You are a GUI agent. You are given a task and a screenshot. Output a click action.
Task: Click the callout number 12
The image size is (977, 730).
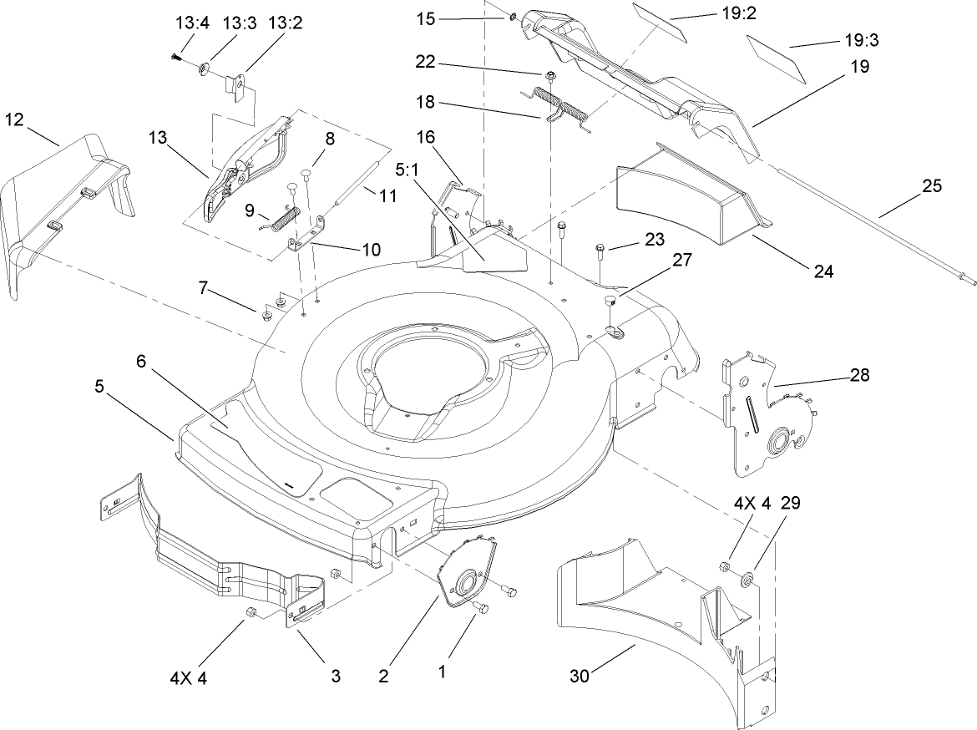pyautogui.click(x=14, y=119)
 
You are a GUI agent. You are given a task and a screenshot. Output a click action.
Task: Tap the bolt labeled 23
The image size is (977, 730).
pyautogui.click(x=600, y=250)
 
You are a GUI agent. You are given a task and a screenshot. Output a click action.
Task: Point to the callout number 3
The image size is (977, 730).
pyautogui.click(x=335, y=677)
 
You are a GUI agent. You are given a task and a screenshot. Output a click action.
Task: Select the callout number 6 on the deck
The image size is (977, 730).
pyautogui.click(x=140, y=362)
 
